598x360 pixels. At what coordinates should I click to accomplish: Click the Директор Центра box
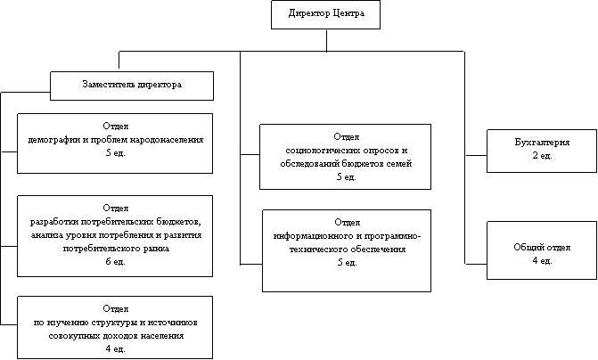point(325,14)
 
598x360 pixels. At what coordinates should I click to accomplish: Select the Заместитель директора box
point(132,86)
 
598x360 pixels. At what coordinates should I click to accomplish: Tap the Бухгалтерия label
point(542,143)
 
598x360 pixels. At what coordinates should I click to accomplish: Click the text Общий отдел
point(542,247)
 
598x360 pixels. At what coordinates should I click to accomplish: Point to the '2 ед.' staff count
point(542,156)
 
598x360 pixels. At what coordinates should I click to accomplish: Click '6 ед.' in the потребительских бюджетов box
point(115,262)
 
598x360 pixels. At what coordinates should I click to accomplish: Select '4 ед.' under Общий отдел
point(542,261)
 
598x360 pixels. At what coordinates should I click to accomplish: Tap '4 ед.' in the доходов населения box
point(115,348)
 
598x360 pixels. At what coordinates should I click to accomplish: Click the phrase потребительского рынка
point(116,249)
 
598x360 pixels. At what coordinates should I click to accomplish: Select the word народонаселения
point(167,140)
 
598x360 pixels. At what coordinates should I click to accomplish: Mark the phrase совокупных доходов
point(94,336)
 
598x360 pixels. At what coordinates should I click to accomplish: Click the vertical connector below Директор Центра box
point(326,40)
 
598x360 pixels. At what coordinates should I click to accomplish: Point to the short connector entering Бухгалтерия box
point(476,155)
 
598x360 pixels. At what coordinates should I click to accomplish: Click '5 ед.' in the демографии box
point(115,153)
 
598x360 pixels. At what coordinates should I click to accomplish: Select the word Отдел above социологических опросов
point(347,137)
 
